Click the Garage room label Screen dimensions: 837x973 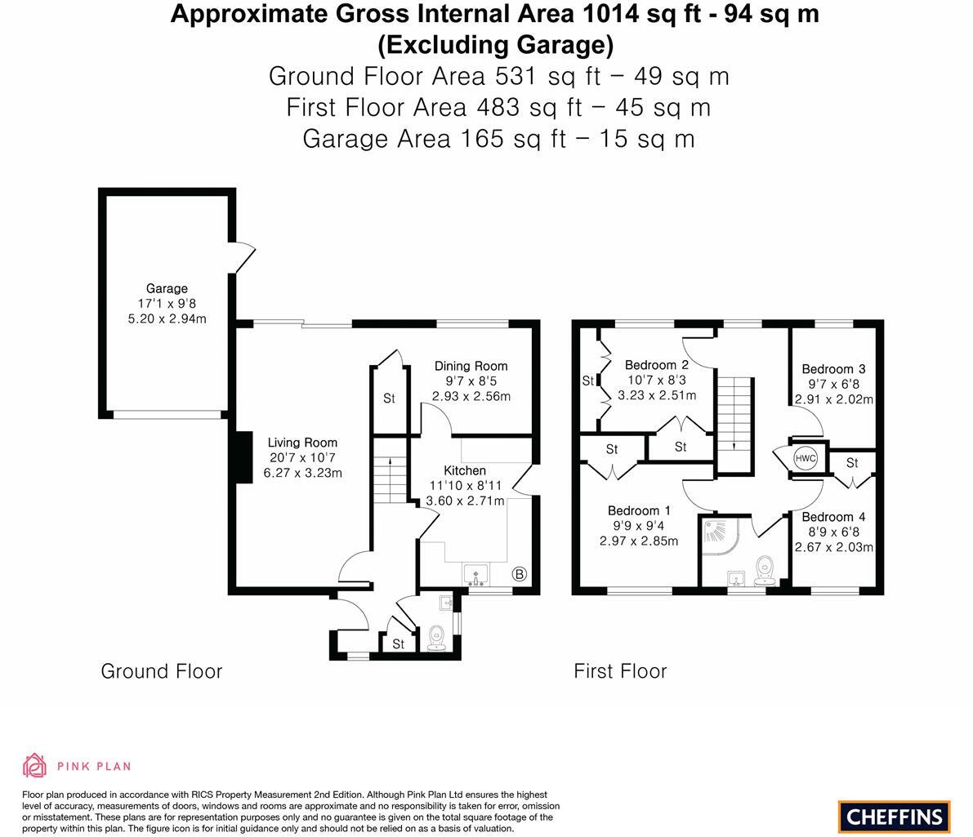[167, 288]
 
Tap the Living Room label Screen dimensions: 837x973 [302, 443]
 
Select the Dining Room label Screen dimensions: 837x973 [471, 366]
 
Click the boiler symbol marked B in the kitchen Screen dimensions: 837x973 [519, 574]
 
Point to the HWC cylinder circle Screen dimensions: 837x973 [806, 458]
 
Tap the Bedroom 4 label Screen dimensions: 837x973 [833, 517]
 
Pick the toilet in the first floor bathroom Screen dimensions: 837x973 [765, 569]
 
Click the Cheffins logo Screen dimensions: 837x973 [894, 816]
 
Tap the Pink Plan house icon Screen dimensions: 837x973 [34, 765]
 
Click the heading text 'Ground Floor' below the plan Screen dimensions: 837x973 [161, 671]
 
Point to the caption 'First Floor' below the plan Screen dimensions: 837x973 [620, 671]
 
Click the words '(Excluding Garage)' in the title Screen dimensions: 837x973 [494, 43]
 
